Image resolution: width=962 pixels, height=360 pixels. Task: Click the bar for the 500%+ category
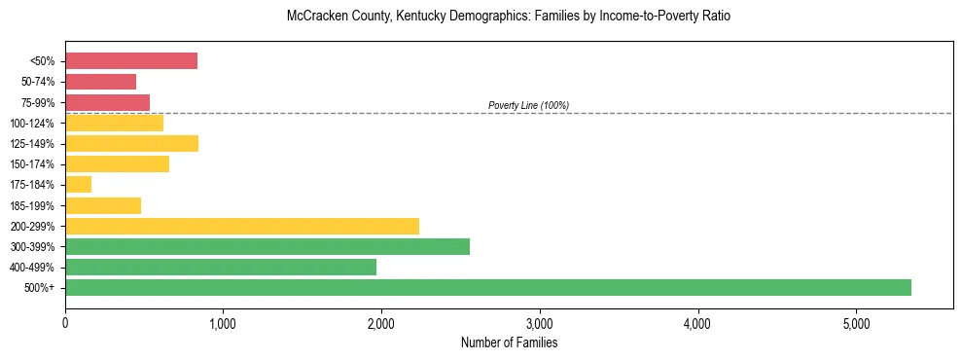point(488,287)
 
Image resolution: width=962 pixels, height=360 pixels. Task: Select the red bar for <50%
point(131,61)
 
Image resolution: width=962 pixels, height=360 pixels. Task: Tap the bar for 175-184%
point(78,185)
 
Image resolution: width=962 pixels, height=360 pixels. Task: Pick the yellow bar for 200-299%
point(242,226)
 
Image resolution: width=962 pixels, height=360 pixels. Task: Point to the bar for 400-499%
point(221,267)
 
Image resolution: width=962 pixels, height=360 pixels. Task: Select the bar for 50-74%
point(100,82)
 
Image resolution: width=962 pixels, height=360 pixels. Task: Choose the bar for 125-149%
point(131,144)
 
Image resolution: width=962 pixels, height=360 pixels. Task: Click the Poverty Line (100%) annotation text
point(528,105)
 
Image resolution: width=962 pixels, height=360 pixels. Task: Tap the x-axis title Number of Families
point(509,342)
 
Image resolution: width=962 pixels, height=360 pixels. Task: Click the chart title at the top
point(509,17)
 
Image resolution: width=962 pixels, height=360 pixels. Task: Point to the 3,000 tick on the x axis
point(539,323)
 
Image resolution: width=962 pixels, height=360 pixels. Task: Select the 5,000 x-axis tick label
point(856,323)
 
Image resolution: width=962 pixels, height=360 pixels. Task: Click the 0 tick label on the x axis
point(65,323)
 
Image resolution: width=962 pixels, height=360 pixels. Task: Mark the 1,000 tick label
point(223,323)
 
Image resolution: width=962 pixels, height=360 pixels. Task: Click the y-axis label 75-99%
point(40,102)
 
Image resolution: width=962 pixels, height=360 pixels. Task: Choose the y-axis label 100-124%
point(35,123)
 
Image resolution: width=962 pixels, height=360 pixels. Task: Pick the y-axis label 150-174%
point(35,164)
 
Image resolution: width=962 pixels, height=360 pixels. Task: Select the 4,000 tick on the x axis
point(697,323)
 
